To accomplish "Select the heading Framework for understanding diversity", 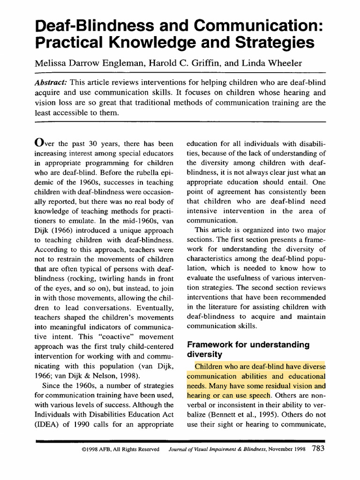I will coord(248,350).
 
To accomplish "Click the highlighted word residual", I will coord(284,386).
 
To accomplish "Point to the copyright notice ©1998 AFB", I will coord(101,450).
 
